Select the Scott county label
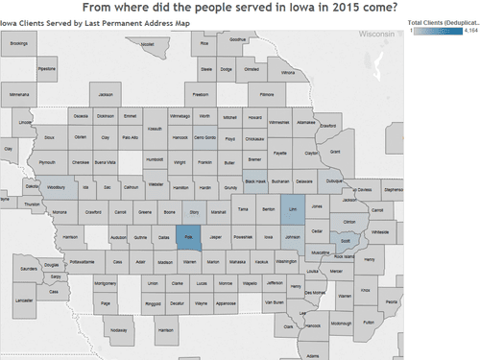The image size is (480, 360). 346,242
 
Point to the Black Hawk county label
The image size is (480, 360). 255,180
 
